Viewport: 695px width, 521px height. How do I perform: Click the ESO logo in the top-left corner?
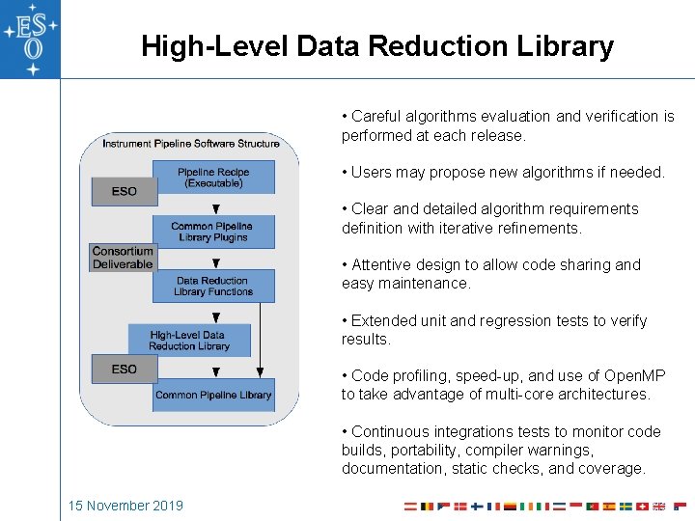[30, 39]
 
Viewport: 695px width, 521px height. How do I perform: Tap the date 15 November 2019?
[125, 506]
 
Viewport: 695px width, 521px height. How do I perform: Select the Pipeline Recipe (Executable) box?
[213, 178]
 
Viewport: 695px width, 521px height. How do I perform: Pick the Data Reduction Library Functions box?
[213, 287]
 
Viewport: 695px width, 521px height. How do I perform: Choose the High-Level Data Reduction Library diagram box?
[189, 341]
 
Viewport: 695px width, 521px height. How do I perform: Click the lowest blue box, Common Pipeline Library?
[213, 395]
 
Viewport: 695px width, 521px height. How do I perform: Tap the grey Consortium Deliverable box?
[123, 258]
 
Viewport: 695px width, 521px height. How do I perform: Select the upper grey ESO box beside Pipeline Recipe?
[124, 191]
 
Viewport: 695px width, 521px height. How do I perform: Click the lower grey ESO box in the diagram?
[124, 369]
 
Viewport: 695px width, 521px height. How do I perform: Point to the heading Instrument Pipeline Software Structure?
[191, 144]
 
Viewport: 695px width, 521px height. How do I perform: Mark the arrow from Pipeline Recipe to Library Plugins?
[215, 206]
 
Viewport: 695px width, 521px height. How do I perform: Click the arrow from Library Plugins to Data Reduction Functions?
[215, 260]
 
